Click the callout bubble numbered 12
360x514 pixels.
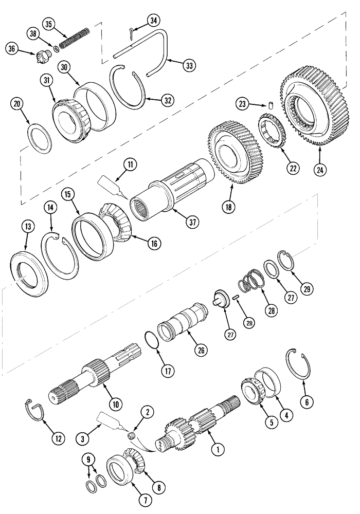[x=58, y=438]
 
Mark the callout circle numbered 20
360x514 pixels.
[x=17, y=104]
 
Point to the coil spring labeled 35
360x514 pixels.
[x=71, y=40]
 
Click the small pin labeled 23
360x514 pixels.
[x=268, y=105]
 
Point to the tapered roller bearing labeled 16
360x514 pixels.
[x=120, y=222]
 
